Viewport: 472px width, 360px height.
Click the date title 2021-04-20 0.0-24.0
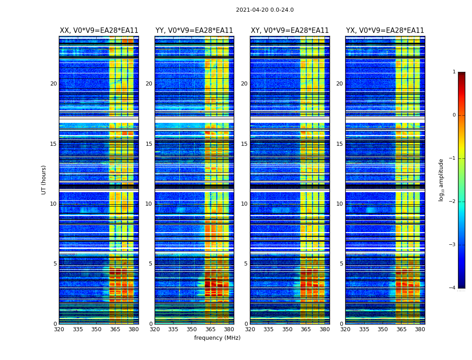tap(265, 10)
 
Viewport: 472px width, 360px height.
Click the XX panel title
tap(99, 31)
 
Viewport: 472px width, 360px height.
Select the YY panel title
tap(194, 31)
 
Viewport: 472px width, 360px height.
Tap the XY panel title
tap(289, 31)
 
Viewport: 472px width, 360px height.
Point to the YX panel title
tap(385, 31)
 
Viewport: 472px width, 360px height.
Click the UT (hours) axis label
tap(44, 180)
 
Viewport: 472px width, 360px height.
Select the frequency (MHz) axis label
tap(217, 338)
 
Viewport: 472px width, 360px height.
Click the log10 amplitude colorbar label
tap(441, 180)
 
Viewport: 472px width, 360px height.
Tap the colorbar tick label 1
tap(454, 72)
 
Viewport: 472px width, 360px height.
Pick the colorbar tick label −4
tap(453, 288)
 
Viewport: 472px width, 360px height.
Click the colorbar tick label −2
tap(453, 202)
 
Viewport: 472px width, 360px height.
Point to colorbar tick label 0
tap(454, 115)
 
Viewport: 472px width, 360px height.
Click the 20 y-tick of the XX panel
tap(53, 84)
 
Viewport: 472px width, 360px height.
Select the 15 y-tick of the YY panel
tap(149, 144)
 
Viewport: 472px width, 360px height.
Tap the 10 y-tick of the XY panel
tap(244, 204)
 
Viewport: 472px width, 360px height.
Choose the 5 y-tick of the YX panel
tap(342, 264)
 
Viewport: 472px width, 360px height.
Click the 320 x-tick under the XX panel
tap(59, 329)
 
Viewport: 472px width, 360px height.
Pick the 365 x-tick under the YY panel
tap(210, 329)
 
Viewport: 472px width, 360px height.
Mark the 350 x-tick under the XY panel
tap(287, 329)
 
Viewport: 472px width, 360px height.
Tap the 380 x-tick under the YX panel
tap(420, 329)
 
